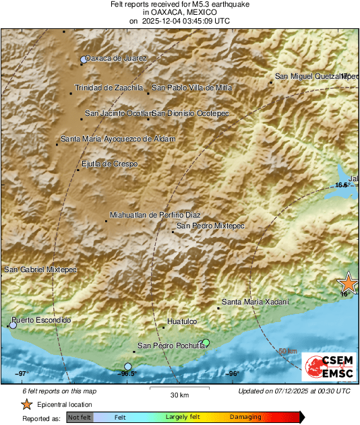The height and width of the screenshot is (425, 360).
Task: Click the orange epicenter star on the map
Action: point(349,282)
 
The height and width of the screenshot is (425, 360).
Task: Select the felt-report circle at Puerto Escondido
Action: point(13,325)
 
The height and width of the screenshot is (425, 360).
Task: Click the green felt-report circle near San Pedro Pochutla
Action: point(206,343)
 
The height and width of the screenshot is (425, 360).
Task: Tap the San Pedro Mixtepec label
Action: point(210,226)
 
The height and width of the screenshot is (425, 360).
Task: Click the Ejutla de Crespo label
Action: point(109,164)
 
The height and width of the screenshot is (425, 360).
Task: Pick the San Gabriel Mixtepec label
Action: point(40,269)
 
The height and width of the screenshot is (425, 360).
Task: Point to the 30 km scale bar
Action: point(179,390)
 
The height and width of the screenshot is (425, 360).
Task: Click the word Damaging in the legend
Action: point(245,417)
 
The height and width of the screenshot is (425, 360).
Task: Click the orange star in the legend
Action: point(26,405)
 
